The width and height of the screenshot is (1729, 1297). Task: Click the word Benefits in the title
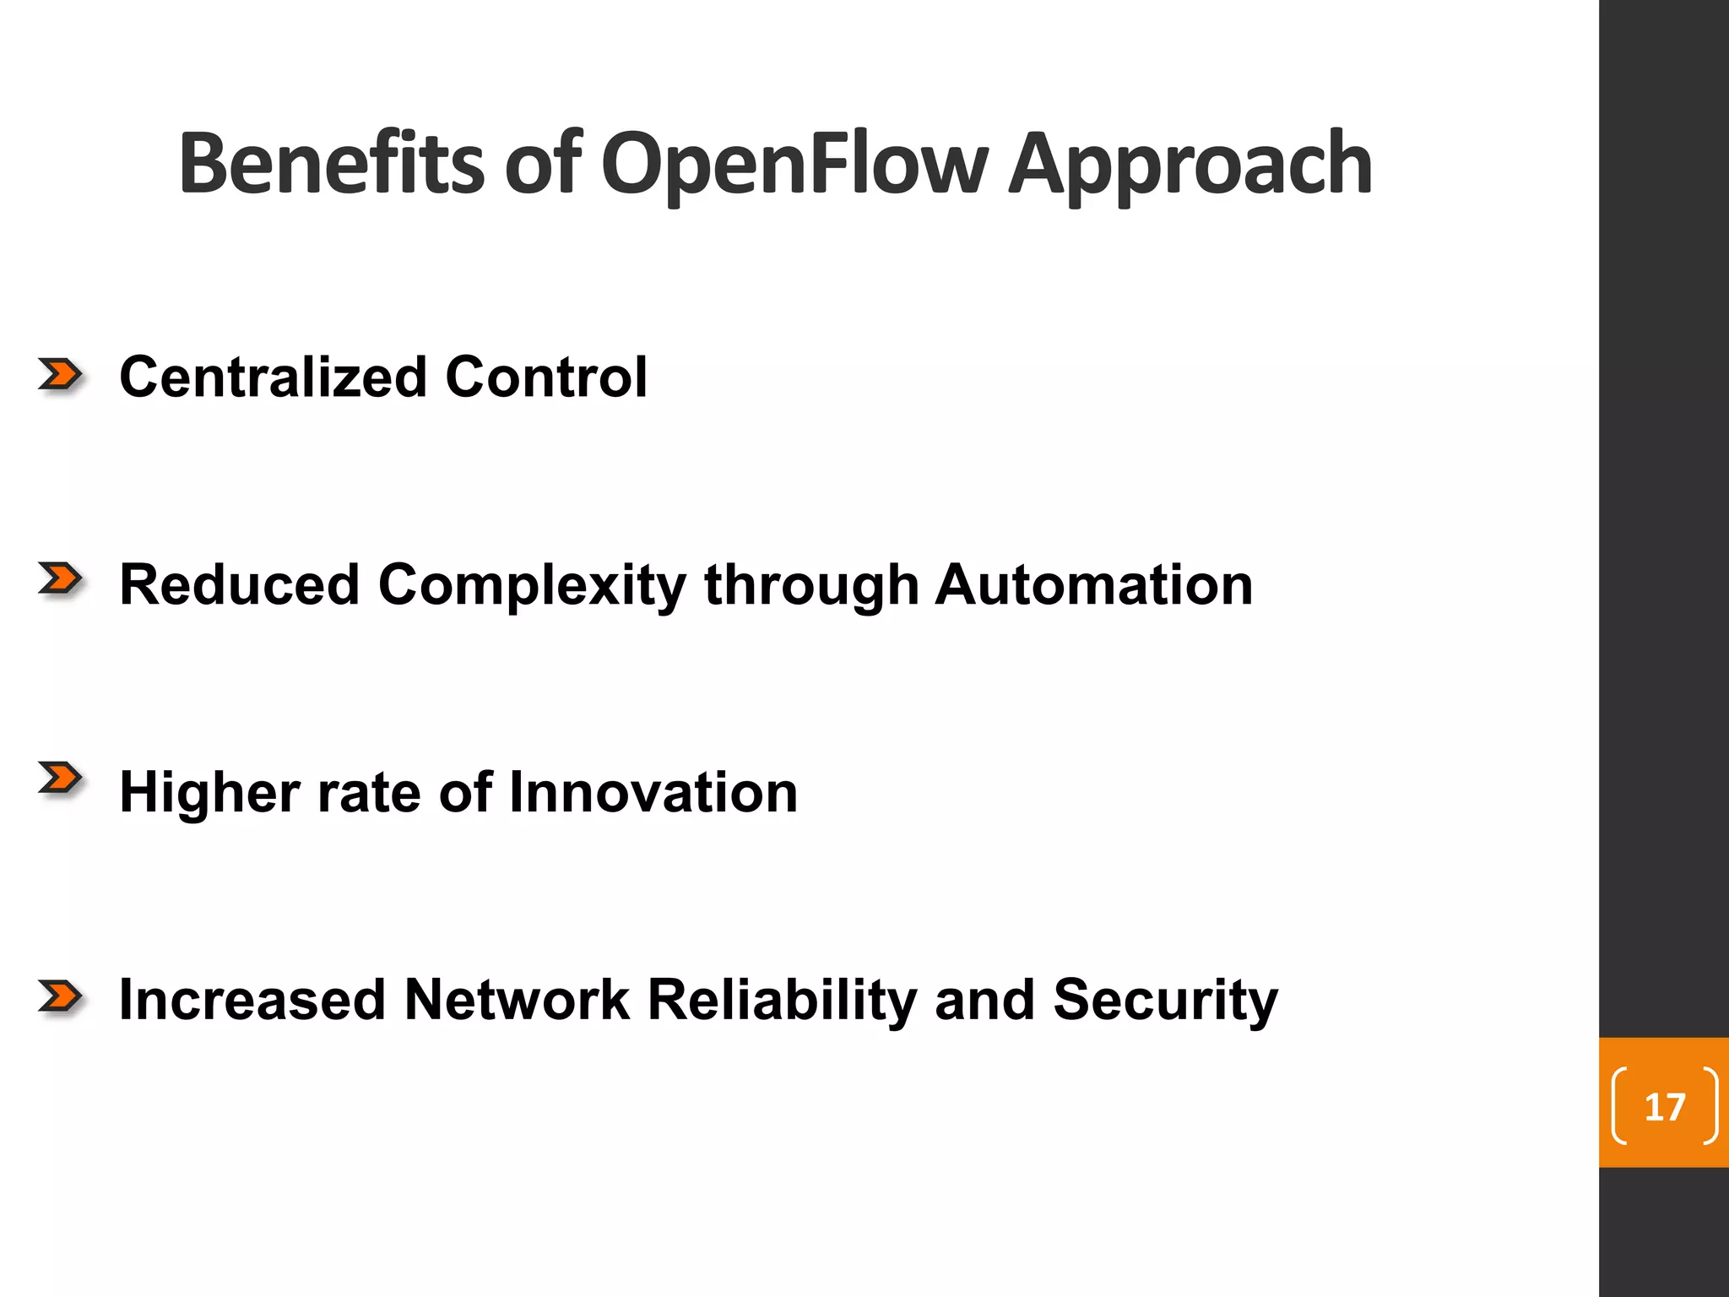[331, 164]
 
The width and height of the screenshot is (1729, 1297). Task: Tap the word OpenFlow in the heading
[794, 164]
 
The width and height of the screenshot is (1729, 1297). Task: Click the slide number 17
[1664, 1107]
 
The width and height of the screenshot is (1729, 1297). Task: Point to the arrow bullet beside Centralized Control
[60, 374]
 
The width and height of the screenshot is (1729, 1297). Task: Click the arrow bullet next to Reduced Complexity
[60, 579]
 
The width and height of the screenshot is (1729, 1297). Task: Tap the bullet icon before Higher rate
[60, 779]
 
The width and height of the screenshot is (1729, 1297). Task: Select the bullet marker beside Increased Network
[60, 997]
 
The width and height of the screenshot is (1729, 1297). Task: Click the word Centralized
[273, 377]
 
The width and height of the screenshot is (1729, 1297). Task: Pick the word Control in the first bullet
[546, 377]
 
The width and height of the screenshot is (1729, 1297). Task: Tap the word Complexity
[532, 586]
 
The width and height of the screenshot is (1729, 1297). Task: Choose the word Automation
[1094, 584]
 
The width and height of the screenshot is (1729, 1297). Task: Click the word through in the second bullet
[811, 586]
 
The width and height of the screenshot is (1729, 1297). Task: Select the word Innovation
[653, 792]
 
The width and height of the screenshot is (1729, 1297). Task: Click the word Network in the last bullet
[517, 1000]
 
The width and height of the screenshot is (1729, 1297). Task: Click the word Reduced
[240, 584]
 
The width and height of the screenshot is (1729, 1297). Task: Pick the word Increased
[252, 1000]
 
